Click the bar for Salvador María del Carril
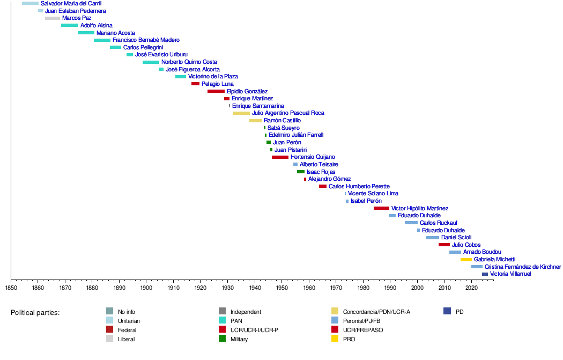(30, 3)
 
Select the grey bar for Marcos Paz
(53, 18)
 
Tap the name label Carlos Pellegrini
(143, 47)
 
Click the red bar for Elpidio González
(216, 91)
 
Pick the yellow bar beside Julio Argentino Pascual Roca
(241, 113)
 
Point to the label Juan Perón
(287, 142)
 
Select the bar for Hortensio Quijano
(280, 157)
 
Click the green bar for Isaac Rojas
(301, 172)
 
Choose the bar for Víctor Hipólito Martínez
(381, 208)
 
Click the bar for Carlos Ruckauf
(411, 223)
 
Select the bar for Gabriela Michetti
(466, 260)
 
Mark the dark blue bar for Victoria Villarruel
(485, 274)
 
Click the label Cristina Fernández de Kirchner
(523, 267)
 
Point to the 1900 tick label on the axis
(146, 288)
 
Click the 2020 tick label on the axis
(471, 288)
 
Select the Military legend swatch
(222, 339)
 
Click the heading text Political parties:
(35, 312)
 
